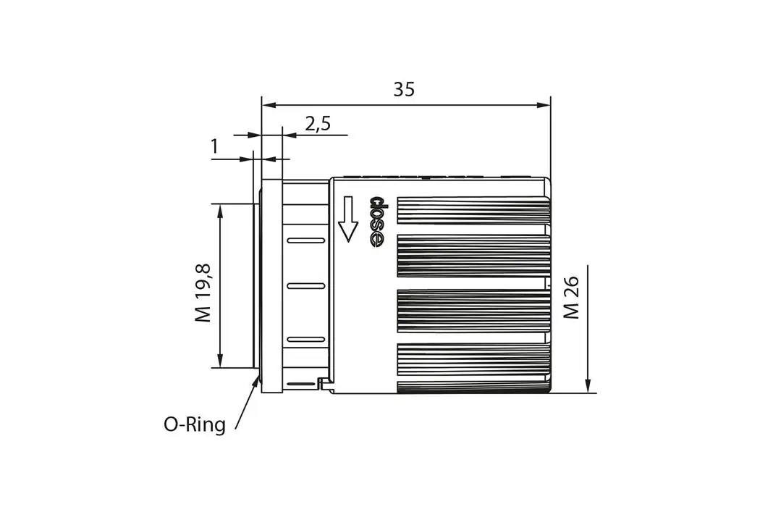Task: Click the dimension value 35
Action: [x=404, y=89]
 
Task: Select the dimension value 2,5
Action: [x=318, y=124]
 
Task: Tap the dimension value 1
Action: [x=214, y=147]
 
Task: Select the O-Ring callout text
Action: [x=195, y=424]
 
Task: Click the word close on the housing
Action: [x=377, y=222]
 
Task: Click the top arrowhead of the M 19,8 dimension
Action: [x=220, y=211]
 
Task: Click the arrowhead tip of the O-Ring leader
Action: [x=258, y=376]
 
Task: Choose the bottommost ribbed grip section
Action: [x=473, y=367]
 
